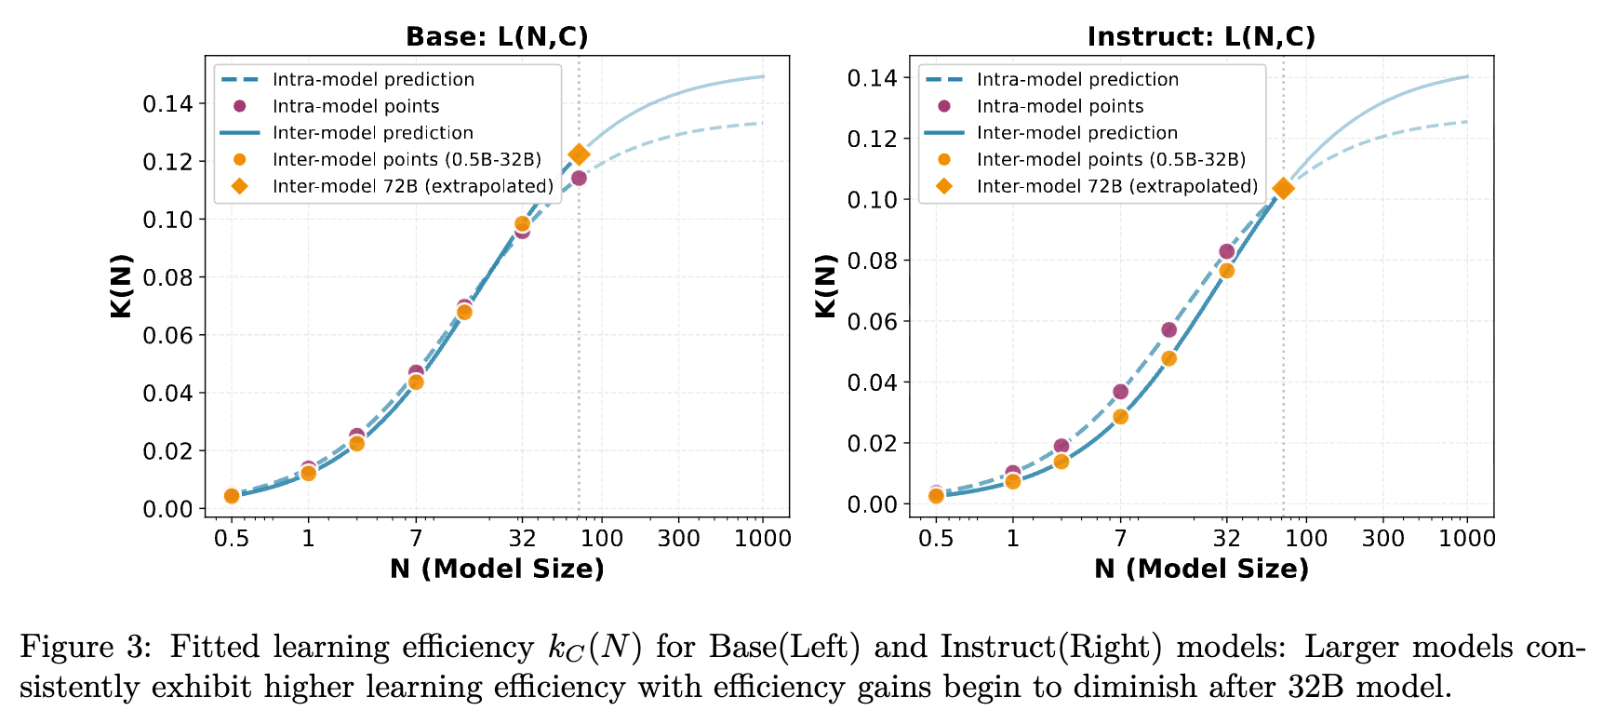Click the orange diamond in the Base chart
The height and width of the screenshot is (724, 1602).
(x=579, y=154)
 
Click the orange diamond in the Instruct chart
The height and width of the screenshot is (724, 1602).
(x=1283, y=189)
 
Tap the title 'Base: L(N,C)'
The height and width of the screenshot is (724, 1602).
(x=497, y=37)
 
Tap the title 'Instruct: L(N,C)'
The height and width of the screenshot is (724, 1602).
(x=1201, y=37)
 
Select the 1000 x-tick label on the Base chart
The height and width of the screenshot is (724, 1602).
(x=763, y=539)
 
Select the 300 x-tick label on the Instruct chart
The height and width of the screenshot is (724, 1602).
(x=1383, y=539)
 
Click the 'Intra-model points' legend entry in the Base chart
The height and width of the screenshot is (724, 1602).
(x=355, y=107)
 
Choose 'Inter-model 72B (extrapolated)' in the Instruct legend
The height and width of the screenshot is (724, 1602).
(x=1116, y=187)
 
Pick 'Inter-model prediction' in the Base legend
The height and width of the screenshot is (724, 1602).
(x=372, y=133)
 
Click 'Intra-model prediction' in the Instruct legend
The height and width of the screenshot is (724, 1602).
(x=1077, y=80)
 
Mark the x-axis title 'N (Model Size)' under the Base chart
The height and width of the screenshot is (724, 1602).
(x=497, y=570)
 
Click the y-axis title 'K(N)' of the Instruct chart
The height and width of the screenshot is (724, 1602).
(x=826, y=286)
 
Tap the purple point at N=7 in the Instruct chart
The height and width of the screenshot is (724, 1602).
(x=1120, y=392)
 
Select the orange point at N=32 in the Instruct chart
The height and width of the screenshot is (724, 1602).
(x=1226, y=271)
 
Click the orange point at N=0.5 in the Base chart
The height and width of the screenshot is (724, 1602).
(x=232, y=496)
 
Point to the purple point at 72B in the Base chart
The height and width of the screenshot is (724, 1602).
(x=579, y=178)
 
